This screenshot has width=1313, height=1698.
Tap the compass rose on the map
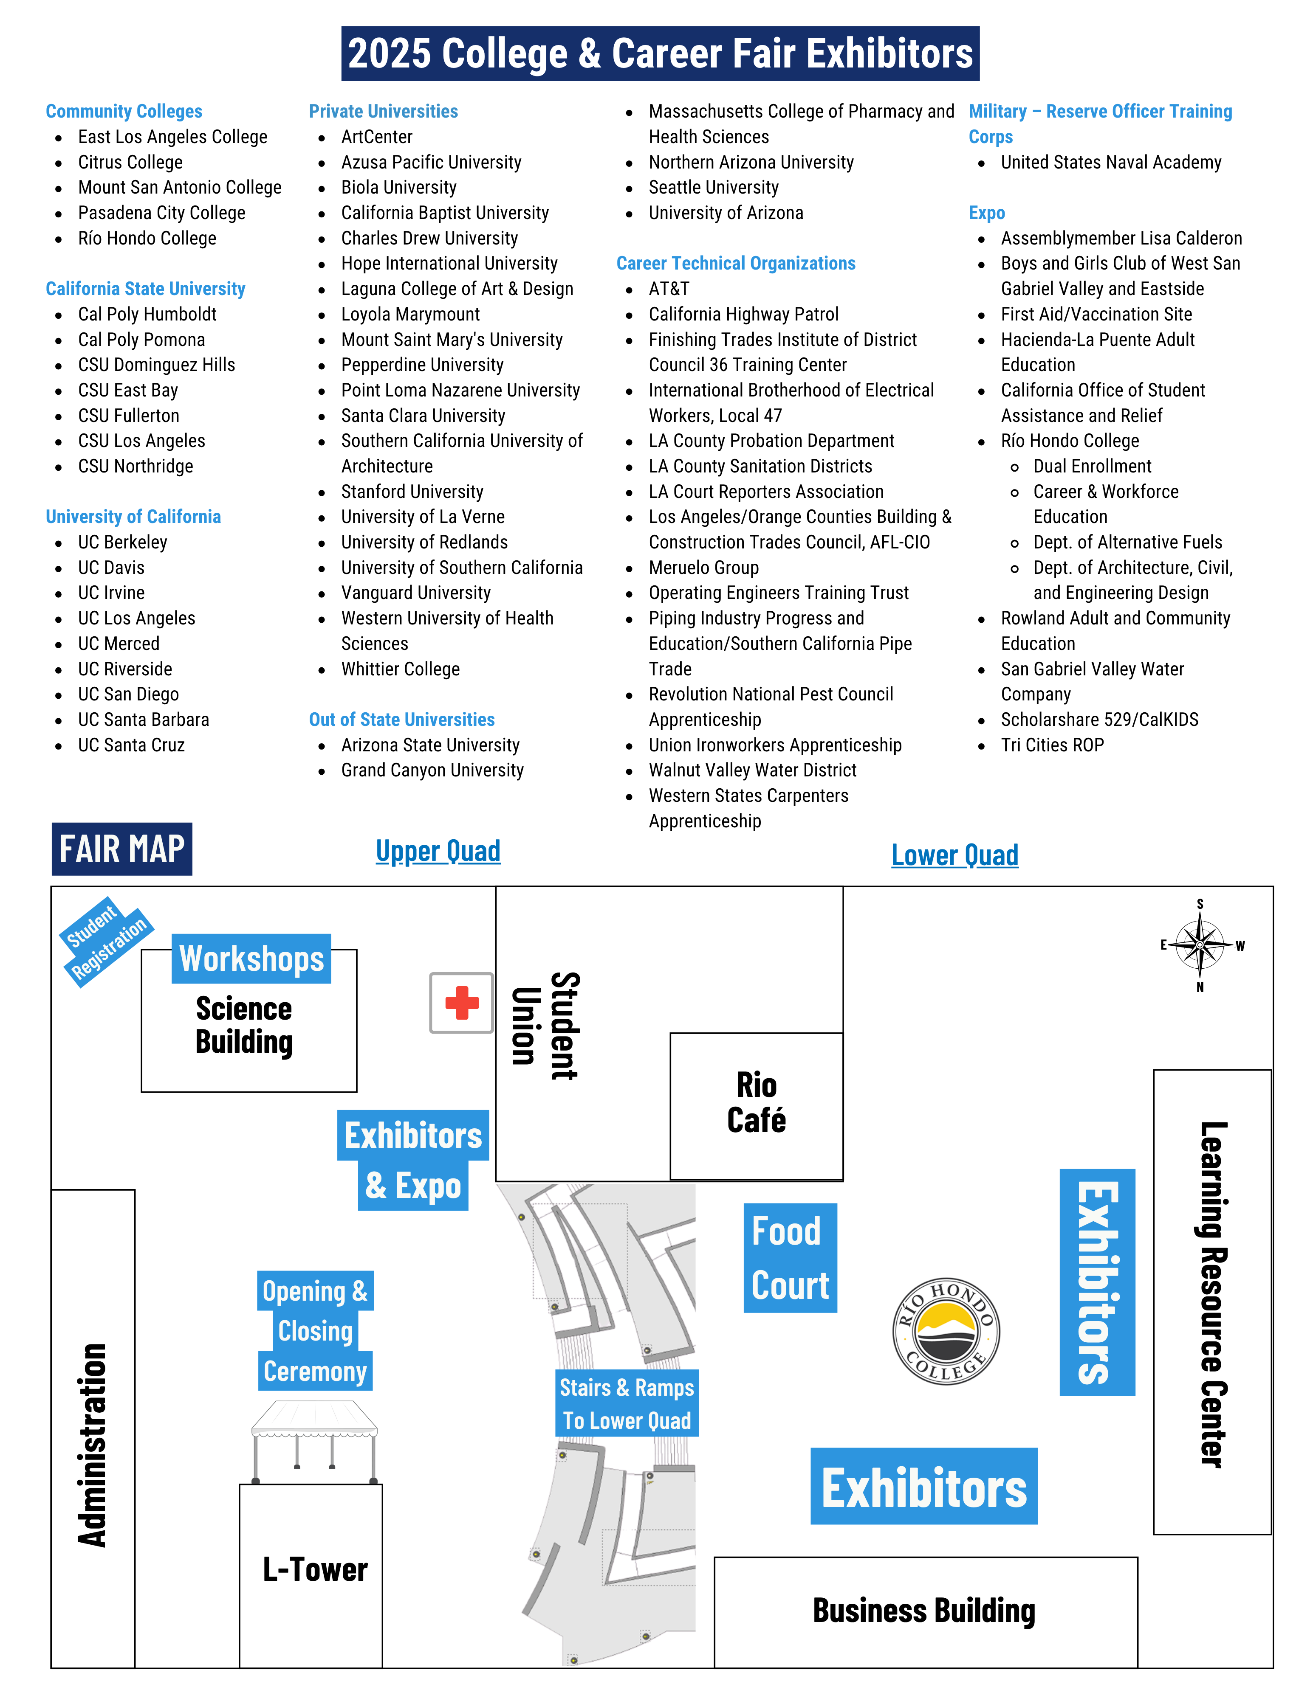pyautogui.click(x=1200, y=945)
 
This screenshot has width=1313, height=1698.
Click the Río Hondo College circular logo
pyautogui.click(x=946, y=1331)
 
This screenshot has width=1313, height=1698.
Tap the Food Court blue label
pyautogui.click(x=790, y=1258)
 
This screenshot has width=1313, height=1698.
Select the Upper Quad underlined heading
pyautogui.click(x=438, y=851)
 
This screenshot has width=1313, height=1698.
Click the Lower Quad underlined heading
pyautogui.click(x=954, y=855)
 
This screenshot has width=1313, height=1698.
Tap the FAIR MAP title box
pyautogui.click(x=122, y=849)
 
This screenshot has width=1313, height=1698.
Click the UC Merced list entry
pyautogui.click(x=118, y=644)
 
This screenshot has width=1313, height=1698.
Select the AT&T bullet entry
pyautogui.click(x=669, y=289)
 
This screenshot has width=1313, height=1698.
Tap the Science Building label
pyautogui.click(x=244, y=1025)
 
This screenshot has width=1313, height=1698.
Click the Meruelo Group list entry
pyautogui.click(x=703, y=568)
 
